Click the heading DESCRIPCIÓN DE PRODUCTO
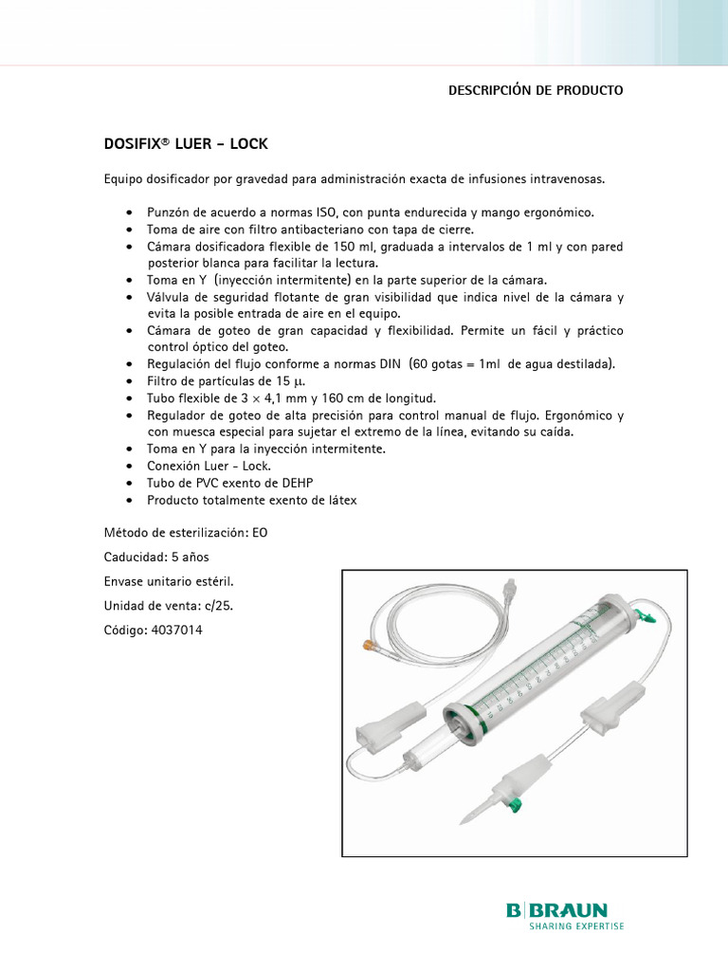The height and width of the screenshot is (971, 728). pyautogui.click(x=536, y=90)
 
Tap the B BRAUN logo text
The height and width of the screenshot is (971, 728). pyautogui.click(x=556, y=910)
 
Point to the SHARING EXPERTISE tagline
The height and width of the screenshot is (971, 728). pyautogui.click(x=576, y=926)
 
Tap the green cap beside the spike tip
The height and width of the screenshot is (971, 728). pyautogui.click(x=516, y=807)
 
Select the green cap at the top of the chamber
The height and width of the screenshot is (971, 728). pyautogui.click(x=648, y=617)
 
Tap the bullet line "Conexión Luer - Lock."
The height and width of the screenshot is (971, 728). pyautogui.click(x=209, y=466)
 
